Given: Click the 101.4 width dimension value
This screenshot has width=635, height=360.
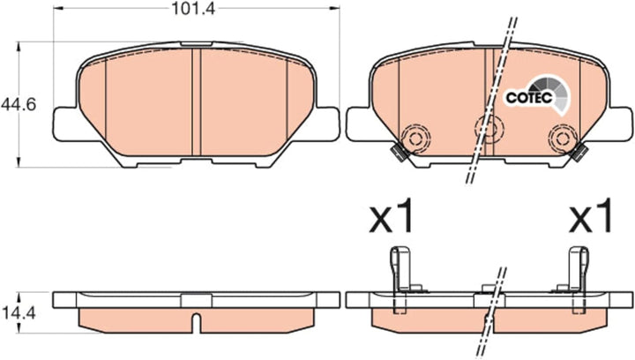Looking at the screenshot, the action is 193,8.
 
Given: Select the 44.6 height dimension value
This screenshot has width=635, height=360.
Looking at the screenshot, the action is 19,105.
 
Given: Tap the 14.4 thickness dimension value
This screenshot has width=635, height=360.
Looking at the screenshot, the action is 19,313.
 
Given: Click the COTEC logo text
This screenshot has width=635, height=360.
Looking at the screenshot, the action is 529,98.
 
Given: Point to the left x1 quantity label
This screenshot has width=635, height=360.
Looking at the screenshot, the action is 392,215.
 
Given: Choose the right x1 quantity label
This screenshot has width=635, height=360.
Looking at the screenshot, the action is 590,215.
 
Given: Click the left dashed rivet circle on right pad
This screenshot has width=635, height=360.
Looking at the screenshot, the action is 415,139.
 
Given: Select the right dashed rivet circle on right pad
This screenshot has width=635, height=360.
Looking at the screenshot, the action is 563,139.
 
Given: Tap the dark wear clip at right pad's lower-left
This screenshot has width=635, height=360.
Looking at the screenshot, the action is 398,153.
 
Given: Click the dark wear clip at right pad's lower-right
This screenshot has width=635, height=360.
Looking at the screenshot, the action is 579,153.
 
